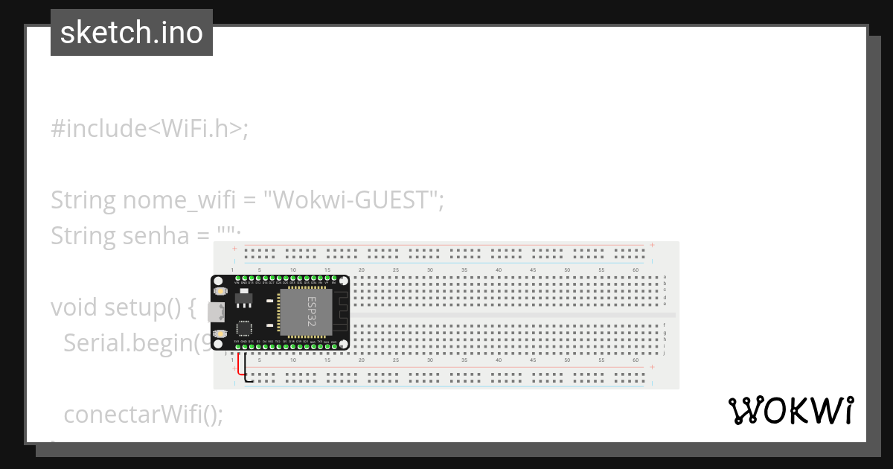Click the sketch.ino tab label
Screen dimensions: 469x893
click(x=131, y=33)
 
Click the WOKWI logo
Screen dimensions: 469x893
click(x=790, y=411)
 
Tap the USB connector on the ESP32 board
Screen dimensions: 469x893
click(x=217, y=313)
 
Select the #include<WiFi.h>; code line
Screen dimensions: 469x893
click(x=149, y=129)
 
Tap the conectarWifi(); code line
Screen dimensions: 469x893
click(x=143, y=414)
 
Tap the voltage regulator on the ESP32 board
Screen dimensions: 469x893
click(x=243, y=299)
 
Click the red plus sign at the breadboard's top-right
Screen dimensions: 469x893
click(x=652, y=245)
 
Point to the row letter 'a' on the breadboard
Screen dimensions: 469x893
click(x=665, y=277)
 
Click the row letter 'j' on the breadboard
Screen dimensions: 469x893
click(x=665, y=353)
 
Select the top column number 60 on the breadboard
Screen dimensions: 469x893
click(x=636, y=269)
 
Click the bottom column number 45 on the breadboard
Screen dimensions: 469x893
click(x=533, y=360)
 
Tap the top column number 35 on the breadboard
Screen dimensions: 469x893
click(x=464, y=269)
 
